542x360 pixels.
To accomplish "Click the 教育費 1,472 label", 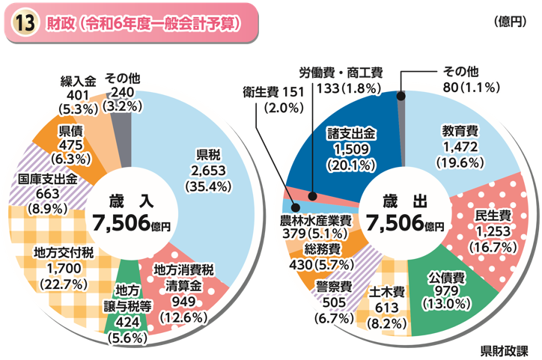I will click(x=460, y=145).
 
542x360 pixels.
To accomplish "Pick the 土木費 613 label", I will click(x=387, y=307).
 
